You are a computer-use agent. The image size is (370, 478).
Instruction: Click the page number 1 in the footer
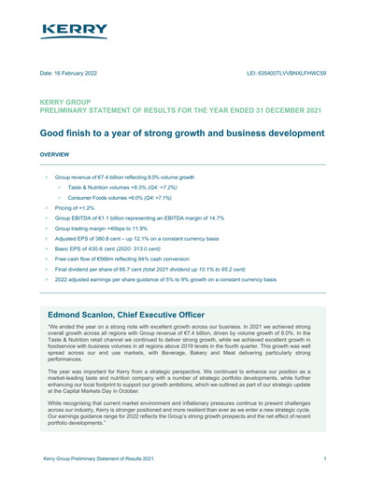[x=323, y=459]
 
